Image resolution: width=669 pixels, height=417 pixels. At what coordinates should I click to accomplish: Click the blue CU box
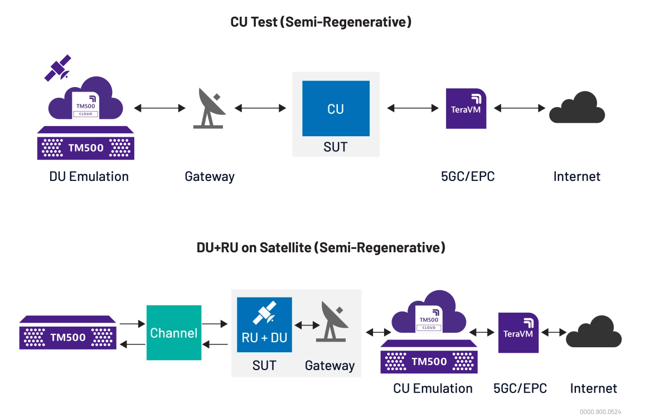pos(336,108)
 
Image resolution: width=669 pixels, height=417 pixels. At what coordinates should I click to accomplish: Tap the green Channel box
pos(174,333)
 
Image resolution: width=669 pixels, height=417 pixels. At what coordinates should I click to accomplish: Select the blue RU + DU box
pos(264,324)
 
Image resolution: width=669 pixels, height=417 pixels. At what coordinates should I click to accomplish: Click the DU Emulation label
pos(89,176)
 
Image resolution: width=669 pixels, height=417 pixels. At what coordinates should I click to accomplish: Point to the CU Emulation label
pos(433,389)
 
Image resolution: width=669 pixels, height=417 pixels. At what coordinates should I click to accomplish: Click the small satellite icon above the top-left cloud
pos(57,68)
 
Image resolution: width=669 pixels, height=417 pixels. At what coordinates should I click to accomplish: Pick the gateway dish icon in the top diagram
pos(210,108)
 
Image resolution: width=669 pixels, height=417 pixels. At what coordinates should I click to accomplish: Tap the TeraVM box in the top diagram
pos(466,109)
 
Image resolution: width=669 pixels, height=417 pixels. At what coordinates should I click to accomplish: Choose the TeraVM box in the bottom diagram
pos(518,333)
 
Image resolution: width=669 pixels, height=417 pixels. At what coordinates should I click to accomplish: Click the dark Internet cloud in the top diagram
pos(577,108)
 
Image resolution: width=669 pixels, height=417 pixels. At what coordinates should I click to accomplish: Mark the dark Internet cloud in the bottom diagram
pos(594,332)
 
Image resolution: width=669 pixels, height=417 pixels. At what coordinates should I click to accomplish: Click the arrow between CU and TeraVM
pos(413,108)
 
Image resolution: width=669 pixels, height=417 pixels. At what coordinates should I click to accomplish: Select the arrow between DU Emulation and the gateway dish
pos(160,108)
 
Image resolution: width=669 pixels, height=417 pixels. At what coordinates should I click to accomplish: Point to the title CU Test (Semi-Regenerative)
pos(321,22)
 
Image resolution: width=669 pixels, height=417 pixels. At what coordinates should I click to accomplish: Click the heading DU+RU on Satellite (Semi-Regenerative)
pos(321,248)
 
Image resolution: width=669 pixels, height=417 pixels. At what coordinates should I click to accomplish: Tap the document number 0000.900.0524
pos(600,412)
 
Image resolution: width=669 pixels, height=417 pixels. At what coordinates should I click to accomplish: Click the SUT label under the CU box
pos(336,147)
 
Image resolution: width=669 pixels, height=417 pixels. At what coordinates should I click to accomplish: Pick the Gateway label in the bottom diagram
pos(329,366)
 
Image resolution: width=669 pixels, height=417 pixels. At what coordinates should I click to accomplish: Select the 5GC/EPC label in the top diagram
pos(468,176)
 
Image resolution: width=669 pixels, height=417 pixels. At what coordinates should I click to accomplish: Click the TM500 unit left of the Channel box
pos(68,332)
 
